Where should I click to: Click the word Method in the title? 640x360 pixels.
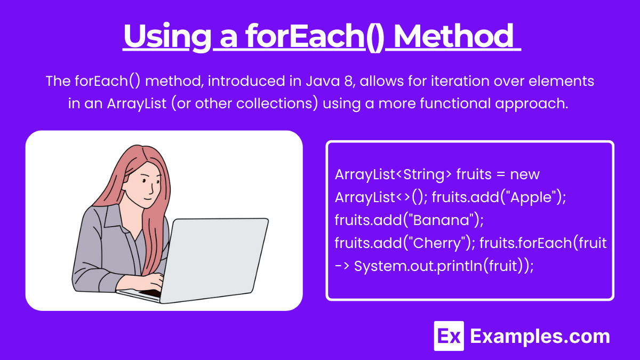[x=454, y=36]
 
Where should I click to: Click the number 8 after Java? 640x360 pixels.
[x=349, y=81]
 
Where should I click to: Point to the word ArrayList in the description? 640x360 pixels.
[x=137, y=103]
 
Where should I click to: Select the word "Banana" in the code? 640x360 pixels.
[x=441, y=220]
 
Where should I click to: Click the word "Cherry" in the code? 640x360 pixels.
[x=437, y=243]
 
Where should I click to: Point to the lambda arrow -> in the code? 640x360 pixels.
[x=342, y=266]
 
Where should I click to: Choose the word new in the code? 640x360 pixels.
[x=525, y=174]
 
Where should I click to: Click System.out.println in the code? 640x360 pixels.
[x=418, y=266]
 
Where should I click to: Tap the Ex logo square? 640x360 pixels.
[x=449, y=336]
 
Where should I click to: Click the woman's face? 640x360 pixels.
[x=146, y=183]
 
